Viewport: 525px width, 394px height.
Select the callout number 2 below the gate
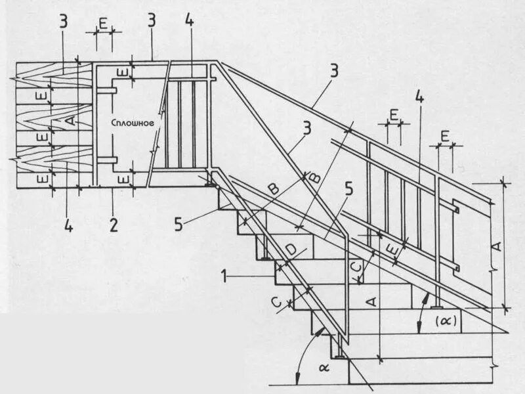(x=114, y=225)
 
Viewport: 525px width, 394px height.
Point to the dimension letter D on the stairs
(x=291, y=249)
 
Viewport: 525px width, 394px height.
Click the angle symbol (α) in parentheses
(x=446, y=322)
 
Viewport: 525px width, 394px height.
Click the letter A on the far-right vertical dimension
(x=496, y=246)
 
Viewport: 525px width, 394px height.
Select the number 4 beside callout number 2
(x=69, y=225)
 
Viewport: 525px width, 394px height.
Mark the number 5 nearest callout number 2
(x=179, y=225)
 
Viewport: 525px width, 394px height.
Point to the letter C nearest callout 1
(x=277, y=303)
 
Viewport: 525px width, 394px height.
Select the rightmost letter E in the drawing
(x=445, y=136)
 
